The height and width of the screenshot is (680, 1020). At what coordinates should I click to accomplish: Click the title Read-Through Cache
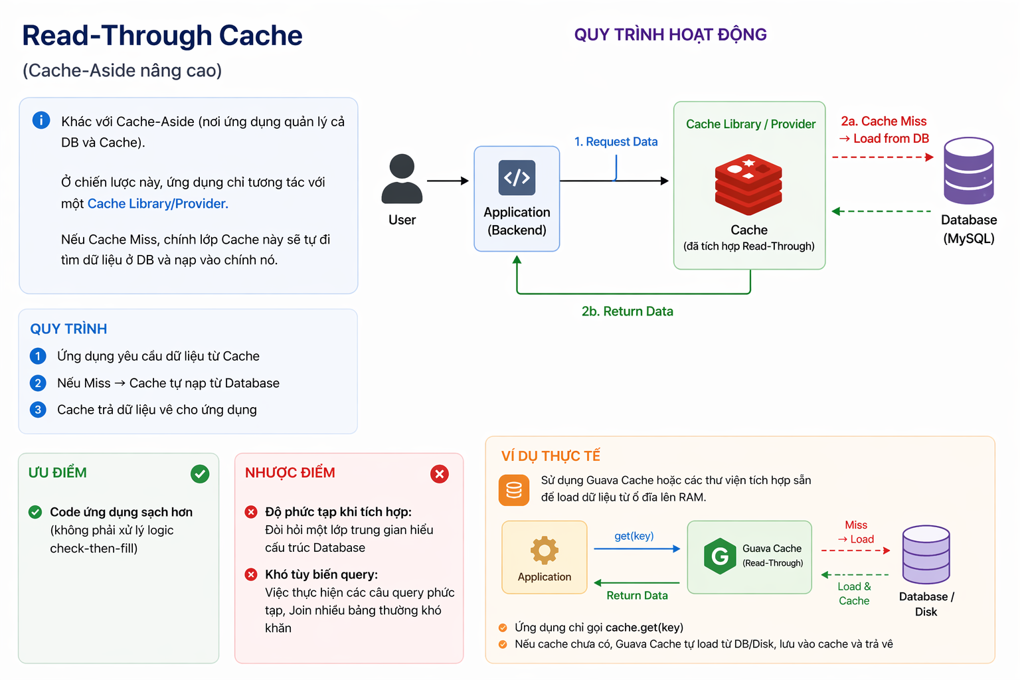162,36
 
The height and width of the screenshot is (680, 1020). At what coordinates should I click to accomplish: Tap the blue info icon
41,120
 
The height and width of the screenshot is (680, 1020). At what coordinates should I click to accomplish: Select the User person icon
402,179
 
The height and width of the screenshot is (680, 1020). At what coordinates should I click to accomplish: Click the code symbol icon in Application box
517,177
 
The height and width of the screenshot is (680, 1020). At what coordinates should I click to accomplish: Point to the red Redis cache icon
748,184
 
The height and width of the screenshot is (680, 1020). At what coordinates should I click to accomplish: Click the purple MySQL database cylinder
968,171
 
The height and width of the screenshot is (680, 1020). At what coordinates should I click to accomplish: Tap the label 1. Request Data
616,141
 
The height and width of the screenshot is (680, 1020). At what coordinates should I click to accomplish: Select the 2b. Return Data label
627,311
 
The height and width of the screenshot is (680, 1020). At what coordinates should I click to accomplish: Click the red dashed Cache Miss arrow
882,157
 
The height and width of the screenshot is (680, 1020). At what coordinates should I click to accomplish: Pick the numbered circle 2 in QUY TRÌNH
38,383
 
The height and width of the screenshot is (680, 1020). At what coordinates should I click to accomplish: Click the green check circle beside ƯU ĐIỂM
200,473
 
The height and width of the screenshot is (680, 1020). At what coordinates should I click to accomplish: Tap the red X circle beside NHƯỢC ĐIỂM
440,473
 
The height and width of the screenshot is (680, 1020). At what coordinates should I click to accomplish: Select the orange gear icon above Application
545,550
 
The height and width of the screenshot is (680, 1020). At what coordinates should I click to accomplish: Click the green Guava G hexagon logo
720,556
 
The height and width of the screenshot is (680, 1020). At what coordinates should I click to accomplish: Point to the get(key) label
634,536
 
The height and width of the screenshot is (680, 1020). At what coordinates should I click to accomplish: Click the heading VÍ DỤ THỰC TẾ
551,456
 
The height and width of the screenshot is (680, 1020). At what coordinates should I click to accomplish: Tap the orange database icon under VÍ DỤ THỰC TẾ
514,490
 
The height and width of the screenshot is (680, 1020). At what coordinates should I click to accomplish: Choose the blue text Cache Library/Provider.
158,204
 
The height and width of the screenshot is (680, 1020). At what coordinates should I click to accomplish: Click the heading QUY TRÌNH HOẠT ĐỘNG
670,35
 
